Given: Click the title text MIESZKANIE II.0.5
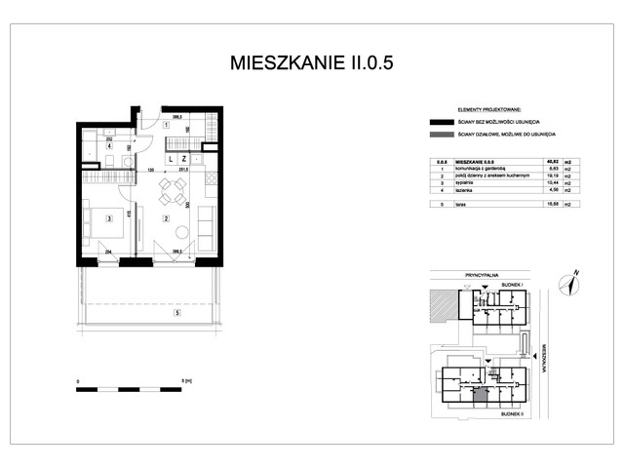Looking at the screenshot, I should (x=312, y=63).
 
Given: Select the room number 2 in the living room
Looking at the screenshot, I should (x=167, y=218).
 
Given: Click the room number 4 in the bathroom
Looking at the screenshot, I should (x=95, y=149).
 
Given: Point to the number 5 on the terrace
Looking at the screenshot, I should (x=175, y=314).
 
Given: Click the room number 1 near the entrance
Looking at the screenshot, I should (x=167, y=126).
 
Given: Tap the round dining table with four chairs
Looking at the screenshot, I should (x=175, y=187).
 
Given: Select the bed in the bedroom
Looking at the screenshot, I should (x=101, y=218).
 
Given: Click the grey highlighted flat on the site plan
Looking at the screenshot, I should (x=481, y=395).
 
